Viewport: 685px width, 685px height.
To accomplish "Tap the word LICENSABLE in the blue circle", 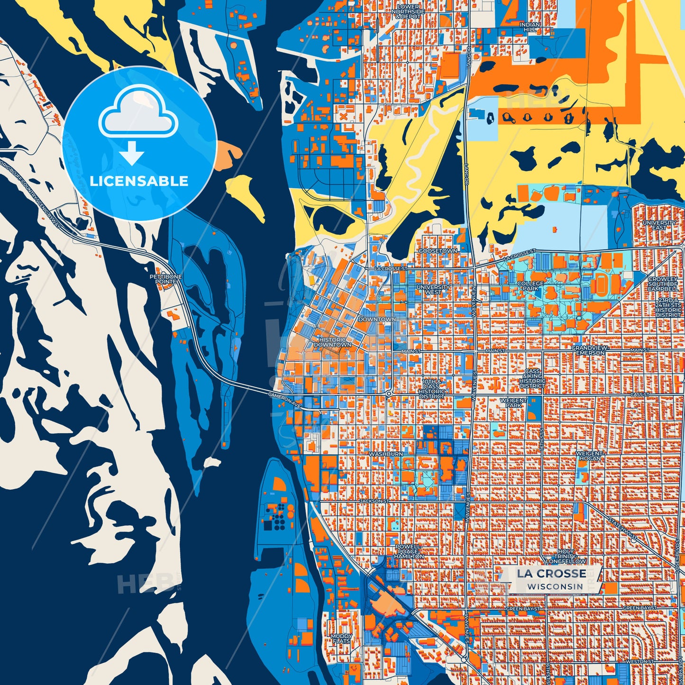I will pos(139,181).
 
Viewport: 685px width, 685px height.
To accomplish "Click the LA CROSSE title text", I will pos(551,574).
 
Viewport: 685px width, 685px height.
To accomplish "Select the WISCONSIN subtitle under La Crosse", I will pos(555,586).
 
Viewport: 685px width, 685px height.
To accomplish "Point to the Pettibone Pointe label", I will pos(165,279).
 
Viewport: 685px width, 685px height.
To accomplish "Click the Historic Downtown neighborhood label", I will pos(332,342).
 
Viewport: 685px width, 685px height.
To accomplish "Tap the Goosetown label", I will pos(438,251).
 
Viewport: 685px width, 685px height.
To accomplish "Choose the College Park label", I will pos(530,286).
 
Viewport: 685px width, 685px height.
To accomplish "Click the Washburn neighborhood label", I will pos(386,454).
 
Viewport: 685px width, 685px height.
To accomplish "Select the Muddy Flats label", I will pos(341,639).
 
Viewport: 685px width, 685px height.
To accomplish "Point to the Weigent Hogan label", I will pos(589,456).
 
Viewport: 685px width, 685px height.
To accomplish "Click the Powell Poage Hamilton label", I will pos(409,551).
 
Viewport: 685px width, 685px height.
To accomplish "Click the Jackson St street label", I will pos(374,501).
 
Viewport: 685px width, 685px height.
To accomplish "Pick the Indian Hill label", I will pos(530,27).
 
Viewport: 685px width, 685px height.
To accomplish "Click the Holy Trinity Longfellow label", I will pos(566,556).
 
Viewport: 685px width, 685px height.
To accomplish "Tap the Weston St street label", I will pos(639,661).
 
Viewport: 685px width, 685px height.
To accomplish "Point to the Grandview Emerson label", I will pos(589,350).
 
